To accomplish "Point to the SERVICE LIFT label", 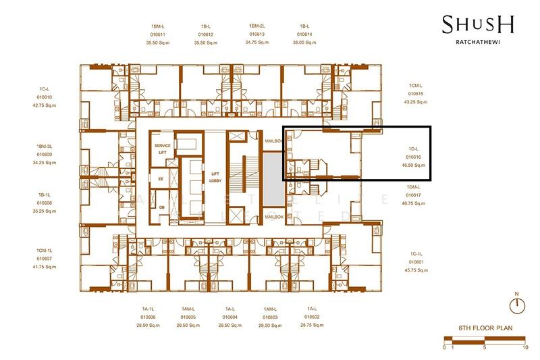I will tap(162, 149).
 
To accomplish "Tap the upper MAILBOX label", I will tap(273, 140).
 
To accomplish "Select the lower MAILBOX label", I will tap(273, 217).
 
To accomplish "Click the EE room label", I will tap(161, 179).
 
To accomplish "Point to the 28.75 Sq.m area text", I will tap(311, 325).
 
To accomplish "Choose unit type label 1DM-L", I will tap(414, 187).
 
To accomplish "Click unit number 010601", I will tap(416, 261).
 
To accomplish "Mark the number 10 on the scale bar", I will tap(524, 347).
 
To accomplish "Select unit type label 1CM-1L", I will tap(45, 251).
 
